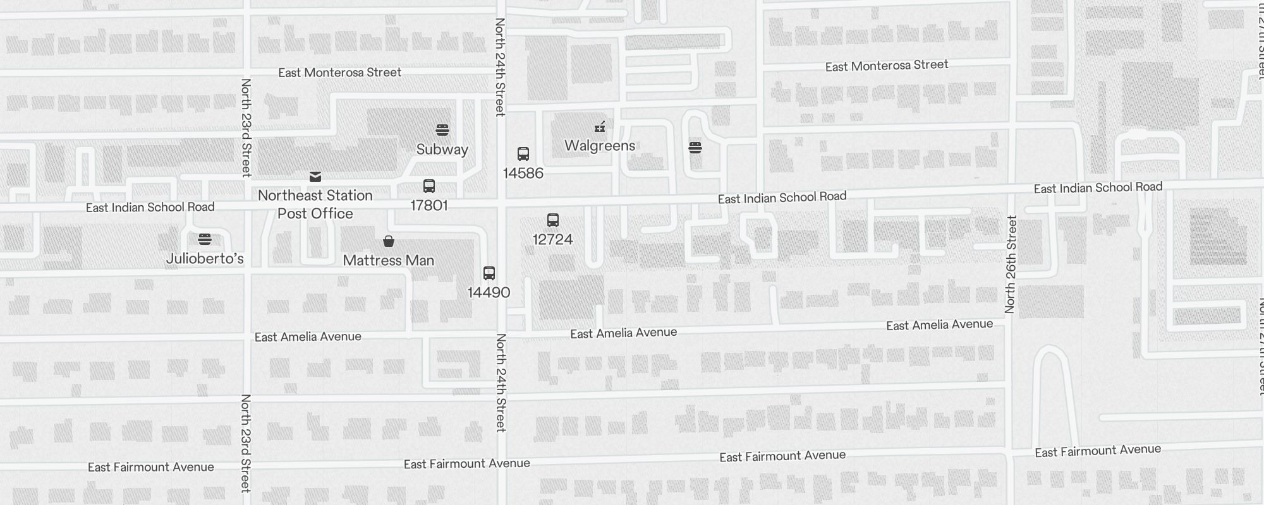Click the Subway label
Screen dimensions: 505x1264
pos(442,150)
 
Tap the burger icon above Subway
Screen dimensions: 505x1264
pos(442,130)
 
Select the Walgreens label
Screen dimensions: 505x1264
pos(600,146)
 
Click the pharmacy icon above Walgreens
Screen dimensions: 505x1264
pos(600,127)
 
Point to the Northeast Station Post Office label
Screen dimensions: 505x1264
pos(315,205)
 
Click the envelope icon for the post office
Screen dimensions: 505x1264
pos(315,177)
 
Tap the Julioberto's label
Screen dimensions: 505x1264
pos(205,259)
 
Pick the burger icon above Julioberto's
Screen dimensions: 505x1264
pos(204,239)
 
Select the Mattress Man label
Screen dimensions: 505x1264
pos(388,261)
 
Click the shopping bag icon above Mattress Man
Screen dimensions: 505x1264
pos(389,241)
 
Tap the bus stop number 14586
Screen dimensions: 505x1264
pos(523,173)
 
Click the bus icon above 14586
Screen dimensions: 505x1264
pos(523,154)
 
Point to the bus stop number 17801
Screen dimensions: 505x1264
pos(428,206)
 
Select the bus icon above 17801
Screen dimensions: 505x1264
pos(429,186)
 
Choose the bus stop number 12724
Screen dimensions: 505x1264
pos(552,240)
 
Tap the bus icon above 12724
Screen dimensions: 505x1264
pos(553,220)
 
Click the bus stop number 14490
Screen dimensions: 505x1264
pos(489,293)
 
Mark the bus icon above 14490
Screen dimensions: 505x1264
pos(489,273)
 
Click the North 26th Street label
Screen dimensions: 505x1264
pos(1011,264)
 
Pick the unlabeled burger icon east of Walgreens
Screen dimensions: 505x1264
pos(695,148)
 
